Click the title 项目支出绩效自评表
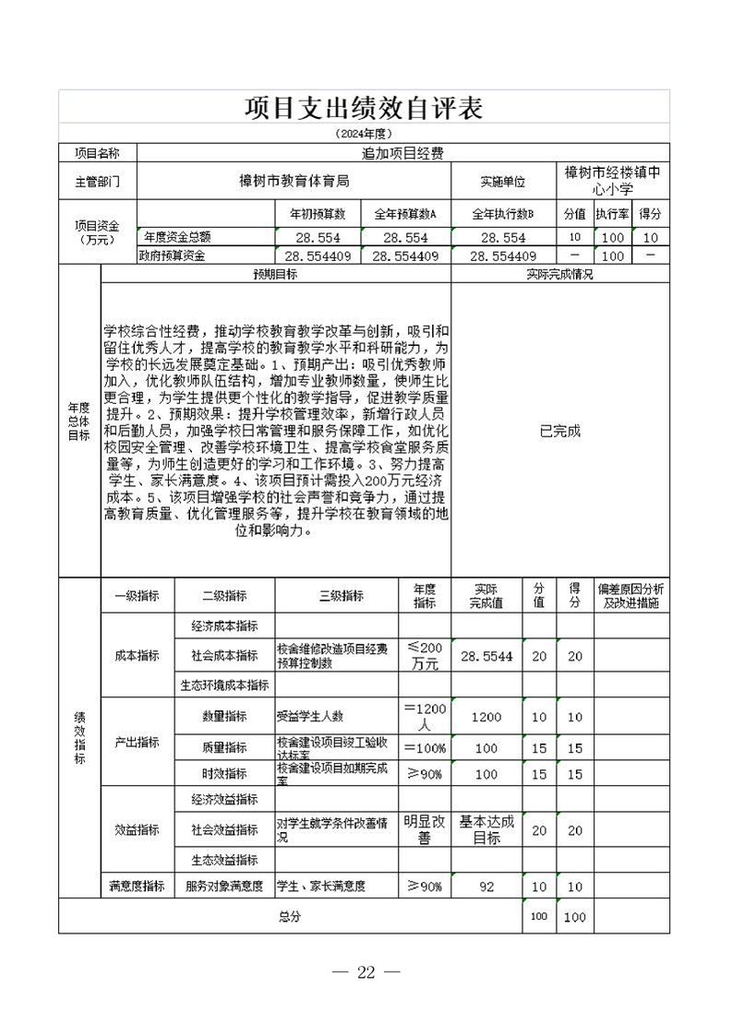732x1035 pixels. tap(364, 107)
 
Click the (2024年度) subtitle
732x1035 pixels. tap(364, 135)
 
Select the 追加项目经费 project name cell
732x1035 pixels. tap(402, 153)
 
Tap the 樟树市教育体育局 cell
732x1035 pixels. tap(294, 182)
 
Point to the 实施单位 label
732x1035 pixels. tap(502, 182)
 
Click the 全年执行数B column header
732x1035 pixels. tap(503, 214)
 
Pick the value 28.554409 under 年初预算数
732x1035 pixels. tap(318, 256)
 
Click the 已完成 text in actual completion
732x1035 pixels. tap(560, 431)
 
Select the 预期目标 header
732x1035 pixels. tap(275, 275)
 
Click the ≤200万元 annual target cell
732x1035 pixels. tap(425, 656)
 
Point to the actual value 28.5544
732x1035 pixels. tap(486, 656)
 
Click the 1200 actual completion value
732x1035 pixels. tap(486, 717)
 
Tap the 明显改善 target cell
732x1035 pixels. tap(425, 829)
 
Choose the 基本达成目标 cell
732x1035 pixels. tap(486, 829)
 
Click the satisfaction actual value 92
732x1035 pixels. tap(486, 886)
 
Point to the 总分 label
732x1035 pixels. tap(289, 917)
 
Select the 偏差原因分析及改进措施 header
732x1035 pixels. tap(630, 596)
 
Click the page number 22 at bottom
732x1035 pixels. tap(366, 972)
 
